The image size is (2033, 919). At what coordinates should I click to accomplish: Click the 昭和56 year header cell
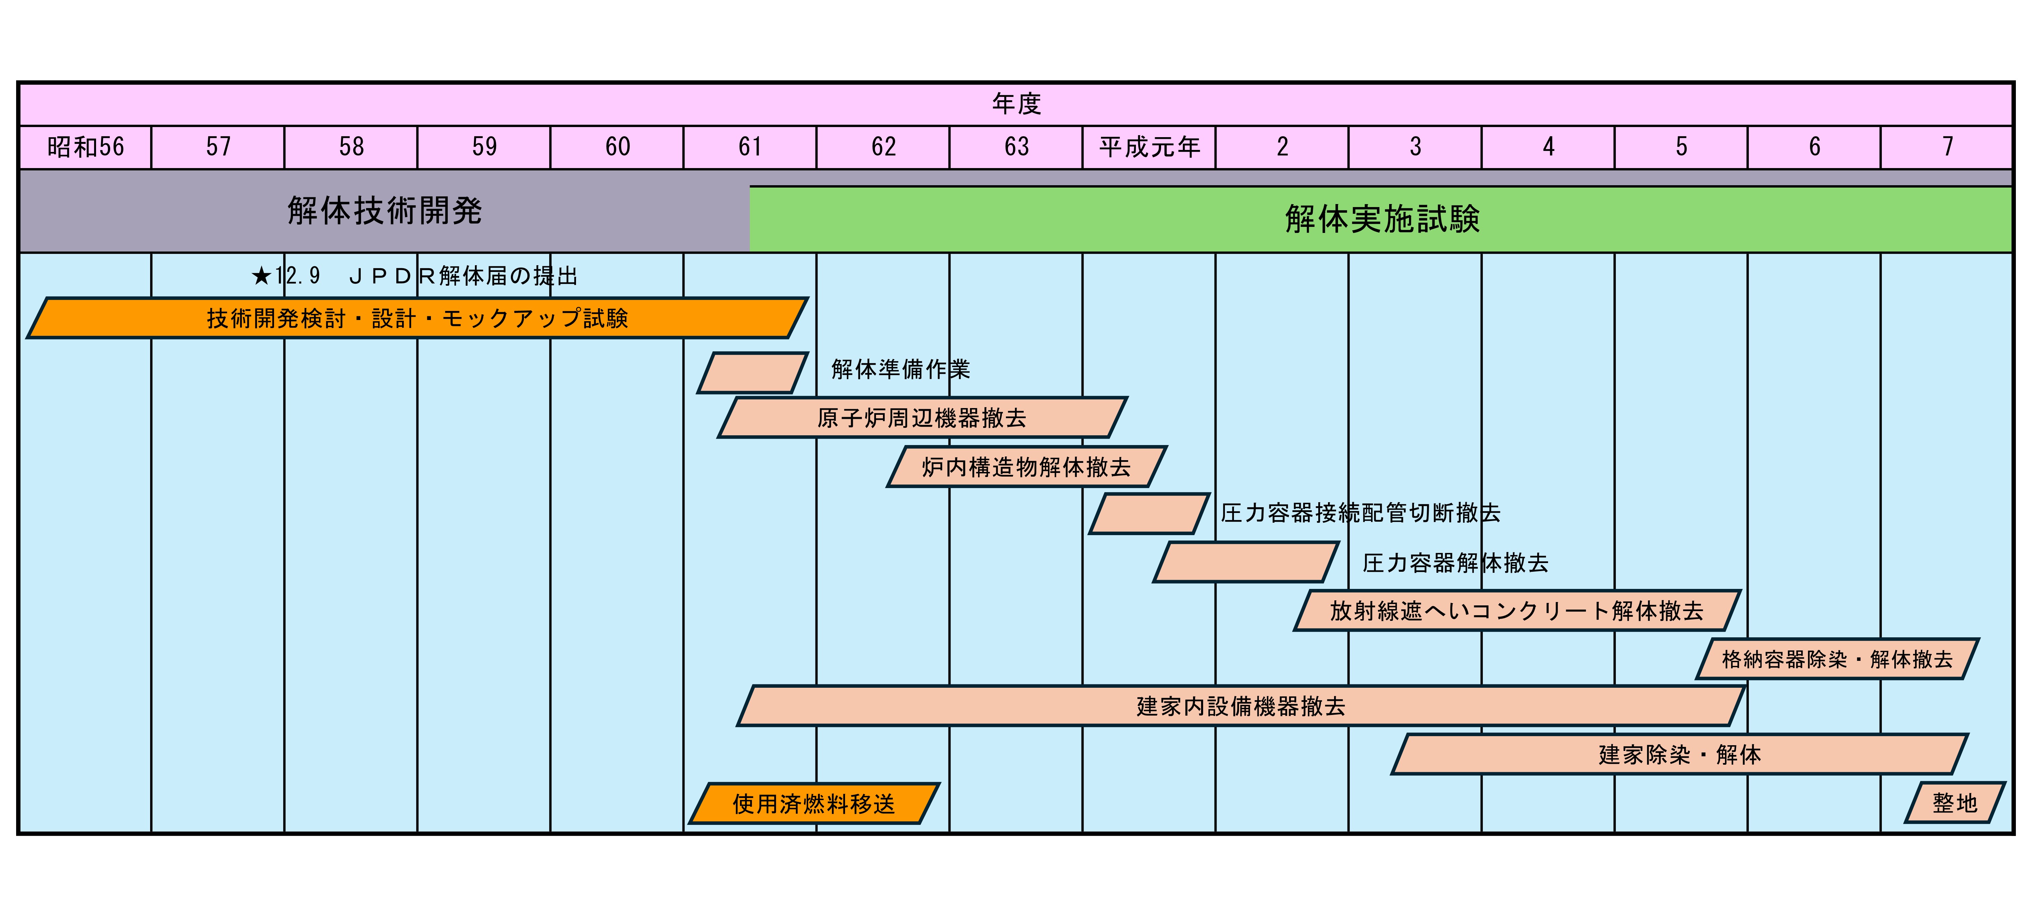(85, 147)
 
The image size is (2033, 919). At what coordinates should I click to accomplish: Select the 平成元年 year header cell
(1149, 147)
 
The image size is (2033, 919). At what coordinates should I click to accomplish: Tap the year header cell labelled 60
(617, 147)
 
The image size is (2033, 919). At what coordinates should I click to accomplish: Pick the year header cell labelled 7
(1947, 147)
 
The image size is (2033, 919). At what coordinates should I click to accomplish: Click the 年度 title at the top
(1016, 104)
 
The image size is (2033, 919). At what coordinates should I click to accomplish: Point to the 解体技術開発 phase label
(384, 211)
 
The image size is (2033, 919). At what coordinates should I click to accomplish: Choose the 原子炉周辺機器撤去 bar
(922, 418)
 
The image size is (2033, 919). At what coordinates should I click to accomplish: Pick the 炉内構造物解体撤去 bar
(1026, 467)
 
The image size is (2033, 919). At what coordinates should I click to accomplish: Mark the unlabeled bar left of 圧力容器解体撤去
(1245, 562)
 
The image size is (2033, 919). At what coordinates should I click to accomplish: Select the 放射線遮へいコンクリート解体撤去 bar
(1516, 610)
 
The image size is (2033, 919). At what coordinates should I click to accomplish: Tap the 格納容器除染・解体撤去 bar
(1837, 658)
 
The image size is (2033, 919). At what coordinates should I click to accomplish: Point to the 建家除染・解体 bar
(1679, 754)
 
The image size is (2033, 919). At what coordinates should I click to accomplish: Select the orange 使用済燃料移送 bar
(814, 804)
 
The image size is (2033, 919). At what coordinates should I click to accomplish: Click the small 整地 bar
(1954, 803)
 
